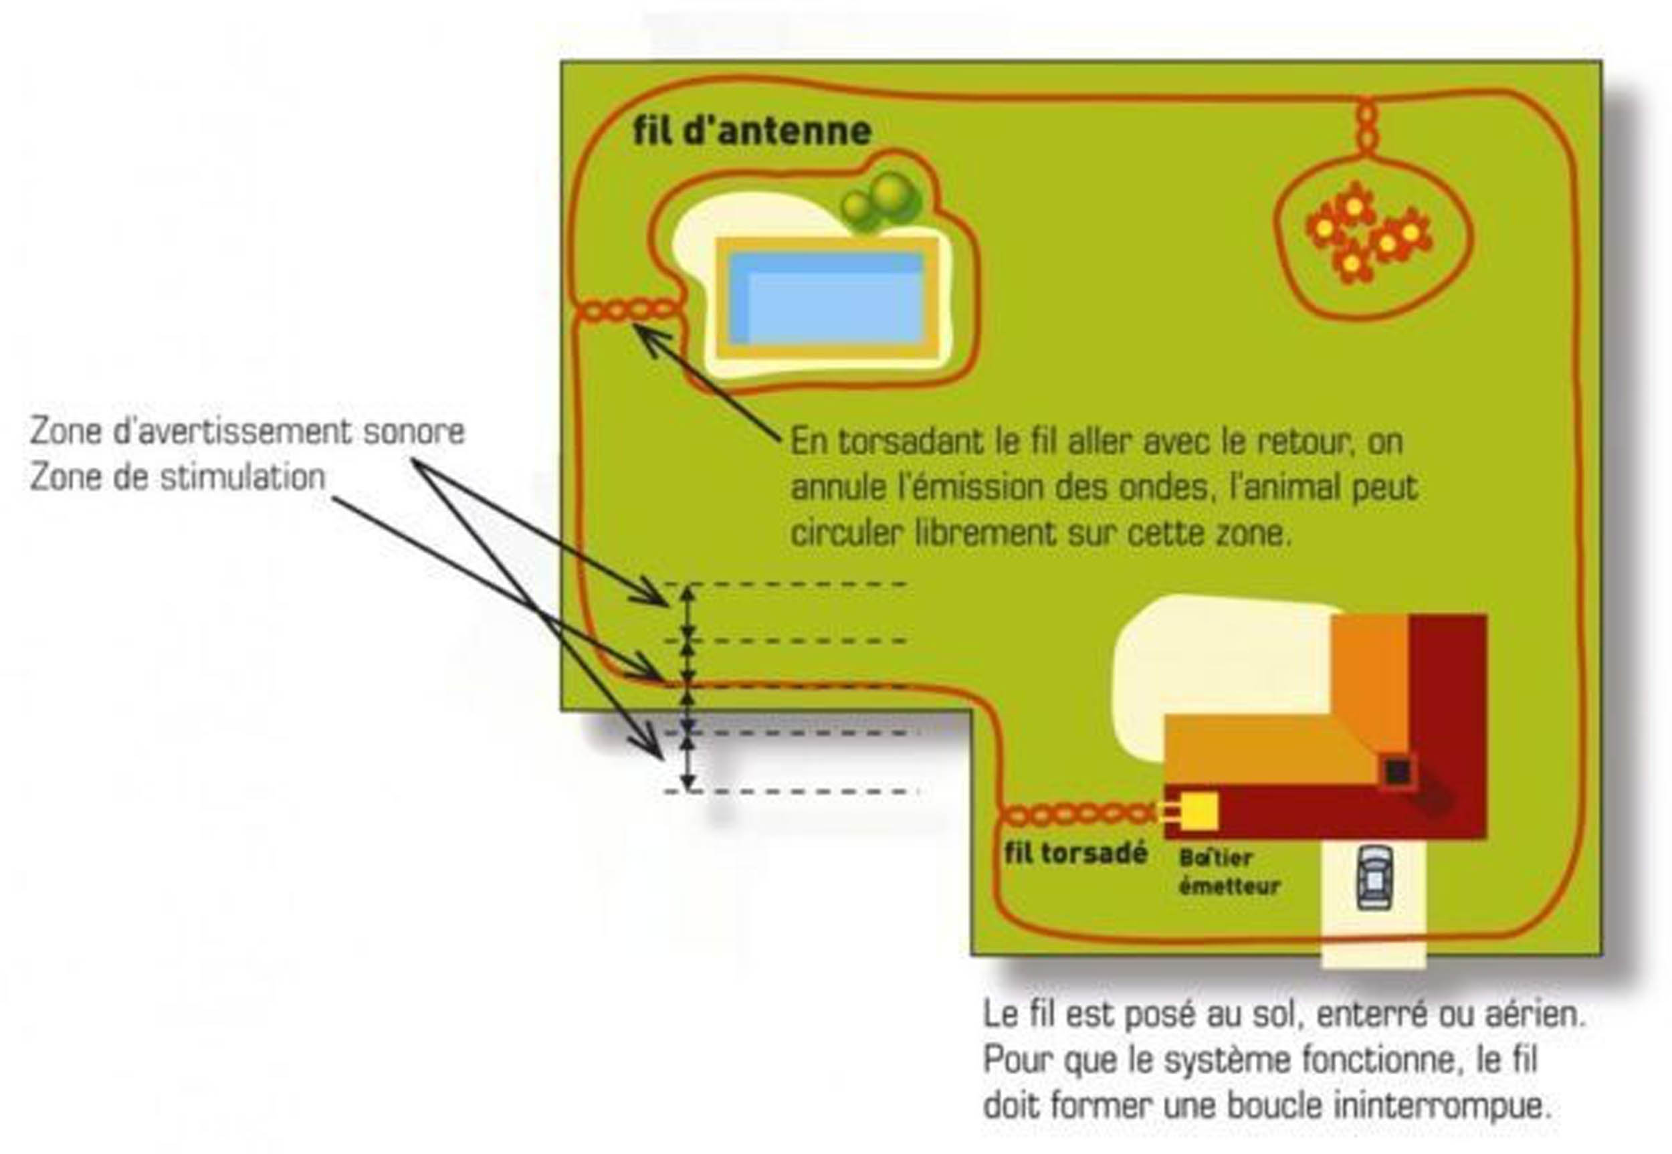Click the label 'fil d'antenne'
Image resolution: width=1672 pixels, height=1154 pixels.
[752, 132]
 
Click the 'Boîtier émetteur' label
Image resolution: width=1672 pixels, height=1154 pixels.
[1228, 871]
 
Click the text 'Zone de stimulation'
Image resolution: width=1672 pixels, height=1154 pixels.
[178, 478]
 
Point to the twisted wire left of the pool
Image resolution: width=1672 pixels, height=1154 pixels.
[629, 311]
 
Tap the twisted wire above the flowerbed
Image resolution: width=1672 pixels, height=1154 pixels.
[1366, 127]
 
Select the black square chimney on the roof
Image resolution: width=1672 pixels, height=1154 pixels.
[1396, 772]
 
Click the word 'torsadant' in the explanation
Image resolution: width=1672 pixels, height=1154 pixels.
[910, 441]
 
